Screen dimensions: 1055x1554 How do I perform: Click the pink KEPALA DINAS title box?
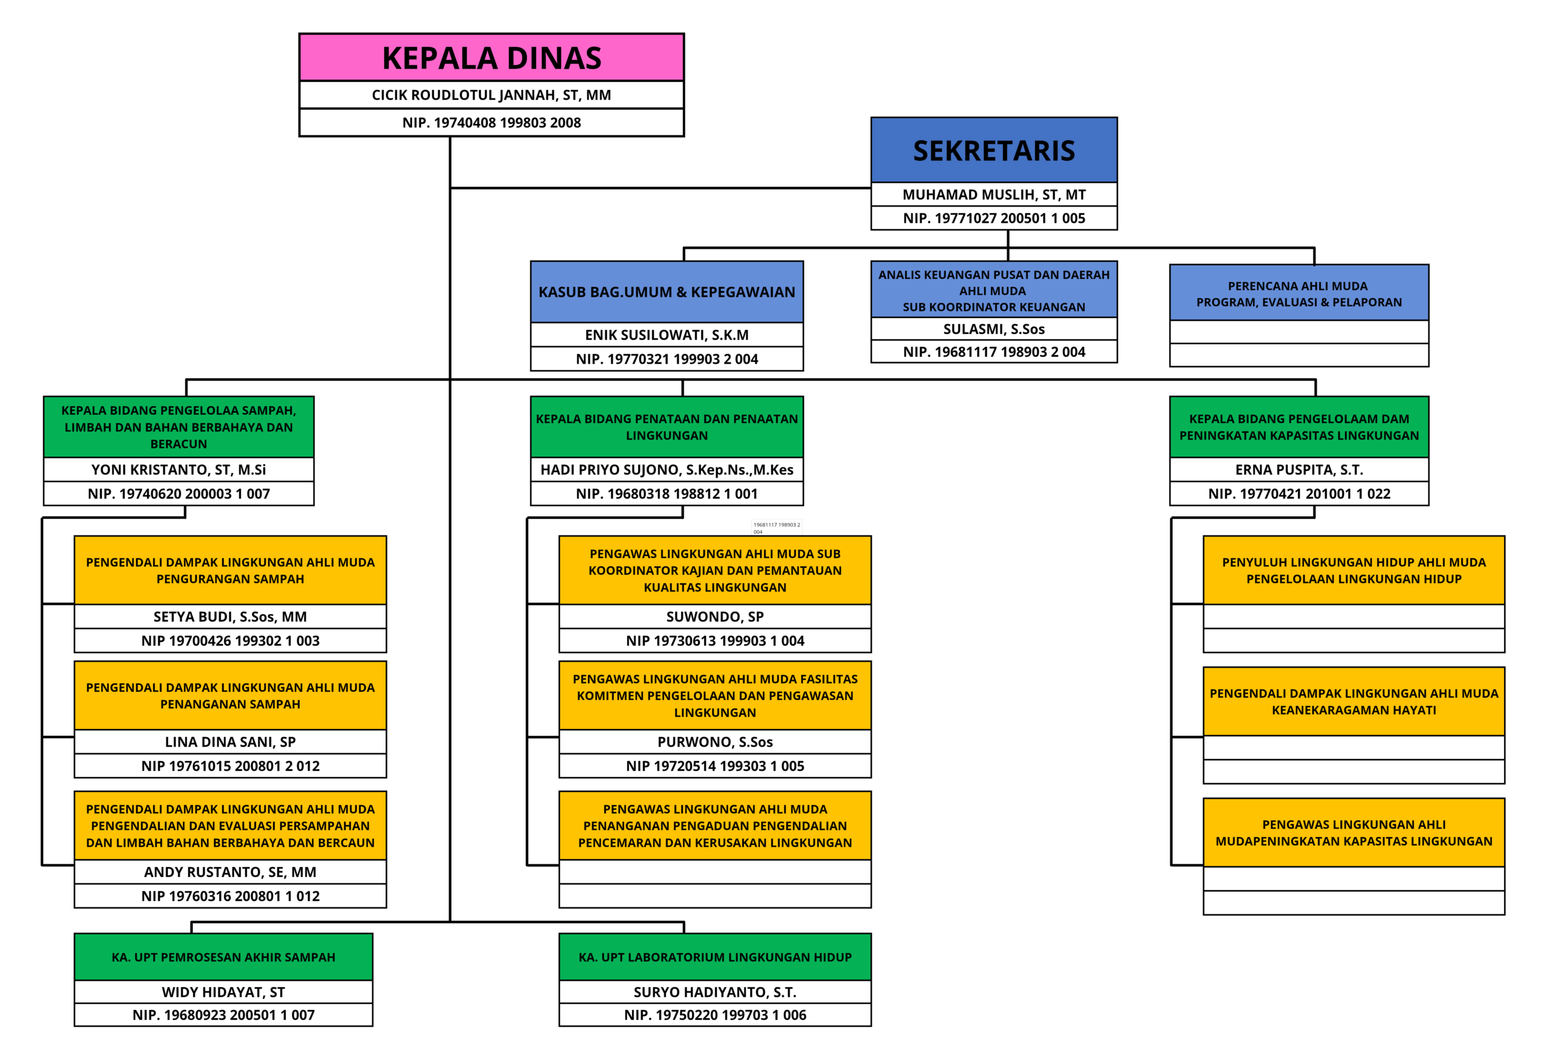pyautogui.click(x=492, y=58)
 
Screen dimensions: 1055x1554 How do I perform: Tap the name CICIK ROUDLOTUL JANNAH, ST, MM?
pyautogui.click(x=492, y=95)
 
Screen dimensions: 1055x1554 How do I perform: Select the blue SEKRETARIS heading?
pyautogui.click(x=994, y=151)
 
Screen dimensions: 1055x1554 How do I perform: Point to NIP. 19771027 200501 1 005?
pyautogui.click(x=994, y=218)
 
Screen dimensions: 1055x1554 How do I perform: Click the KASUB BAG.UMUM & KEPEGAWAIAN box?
pyautogui.click(x=667, y=292)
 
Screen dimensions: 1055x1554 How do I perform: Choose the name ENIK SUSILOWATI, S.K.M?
pyautogui.click(x=667, y=335)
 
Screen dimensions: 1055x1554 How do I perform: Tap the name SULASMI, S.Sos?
pyautogui.click(x=994, y=329)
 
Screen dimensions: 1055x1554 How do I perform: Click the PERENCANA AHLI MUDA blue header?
pyautogui.click(x=1298, y=294)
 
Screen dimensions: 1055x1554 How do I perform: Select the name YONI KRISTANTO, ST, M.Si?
pyautogui.click(x=178, y=469)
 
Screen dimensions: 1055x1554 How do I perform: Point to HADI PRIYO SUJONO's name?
pyautogui.click(x=667, y=469)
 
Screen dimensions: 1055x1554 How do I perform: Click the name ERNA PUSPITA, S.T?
pyautogui.click(x=1298, y=469)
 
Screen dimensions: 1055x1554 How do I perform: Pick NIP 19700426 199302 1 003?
pyautogui.click(x=230, y=640)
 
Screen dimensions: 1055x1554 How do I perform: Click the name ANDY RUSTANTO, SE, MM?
pyautogui.click(x=230, y=872)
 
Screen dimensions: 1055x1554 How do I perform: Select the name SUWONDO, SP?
pyautogui.click(x=715, y=616)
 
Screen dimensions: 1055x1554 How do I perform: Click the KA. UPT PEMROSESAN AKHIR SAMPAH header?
pyautogui.click(x=223, y=957)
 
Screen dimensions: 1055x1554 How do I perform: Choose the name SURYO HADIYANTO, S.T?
pyautogui.click(x=715, y=991)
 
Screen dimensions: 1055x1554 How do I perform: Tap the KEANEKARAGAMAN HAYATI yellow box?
pyautogui.click(x=1354, y=701)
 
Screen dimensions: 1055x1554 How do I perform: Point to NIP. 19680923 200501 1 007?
pyautogui.click(x=223, y=1015)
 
